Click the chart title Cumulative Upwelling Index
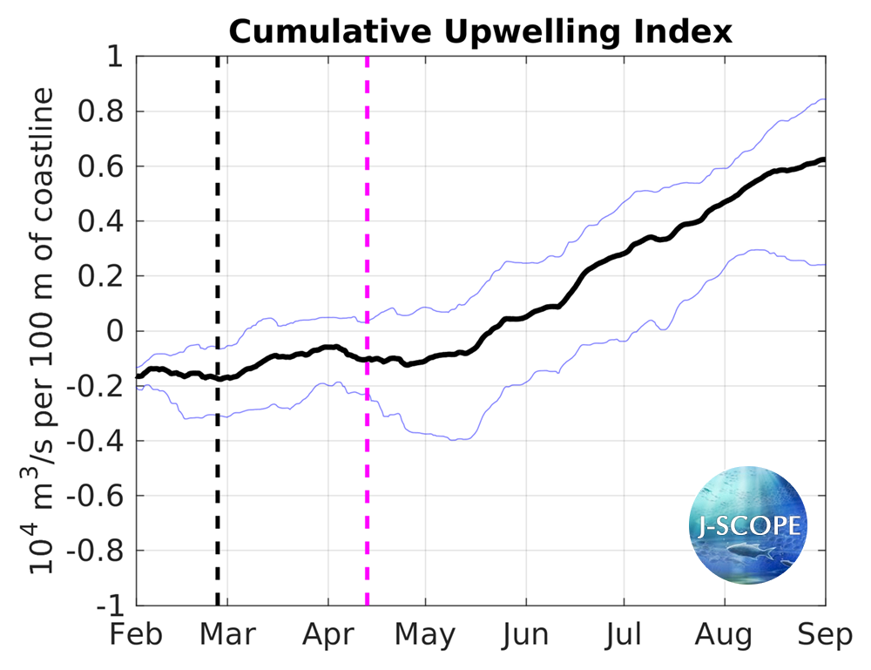(481, 32)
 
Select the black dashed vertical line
(218, 488)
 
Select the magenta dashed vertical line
(367, 488)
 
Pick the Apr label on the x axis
(328, 635)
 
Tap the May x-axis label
(425, 635)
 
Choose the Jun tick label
(525, 635)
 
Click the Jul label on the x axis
(623, 635)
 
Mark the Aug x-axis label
(725, 635)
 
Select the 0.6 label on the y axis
(101, 166)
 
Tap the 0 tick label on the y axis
(115, 331)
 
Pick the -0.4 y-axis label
(96, 441)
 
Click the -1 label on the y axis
(110, 606)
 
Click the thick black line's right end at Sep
(824, 160)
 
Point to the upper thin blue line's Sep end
(824, 100)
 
